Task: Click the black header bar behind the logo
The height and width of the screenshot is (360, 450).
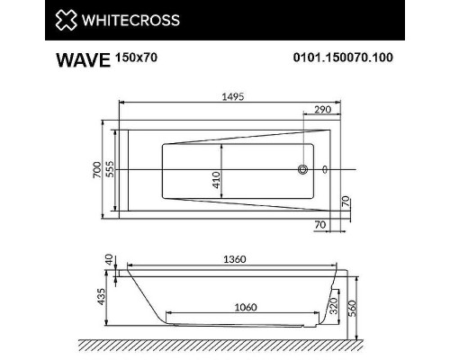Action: click(x=270, y=20)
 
